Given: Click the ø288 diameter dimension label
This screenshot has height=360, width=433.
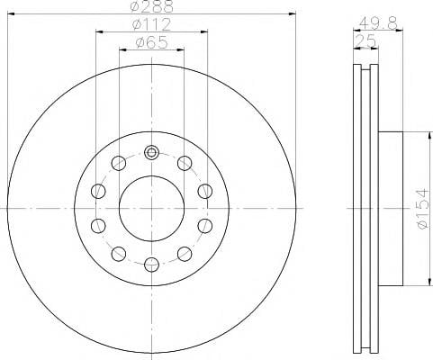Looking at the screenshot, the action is point(152,6).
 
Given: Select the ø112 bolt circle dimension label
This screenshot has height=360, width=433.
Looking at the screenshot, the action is point(151,24).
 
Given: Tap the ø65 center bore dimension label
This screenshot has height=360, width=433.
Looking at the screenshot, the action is point(151,42).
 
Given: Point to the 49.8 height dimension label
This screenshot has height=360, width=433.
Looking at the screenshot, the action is point(378,22).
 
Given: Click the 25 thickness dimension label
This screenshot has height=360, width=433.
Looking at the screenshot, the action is point(365,40).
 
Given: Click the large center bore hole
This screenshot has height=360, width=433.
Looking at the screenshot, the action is point(151,209).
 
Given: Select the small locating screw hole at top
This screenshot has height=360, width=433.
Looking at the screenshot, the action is point(151,153).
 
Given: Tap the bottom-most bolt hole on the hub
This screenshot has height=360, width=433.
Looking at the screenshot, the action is point(151,265).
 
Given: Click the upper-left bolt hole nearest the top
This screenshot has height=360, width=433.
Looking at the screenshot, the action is point(119,163).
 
